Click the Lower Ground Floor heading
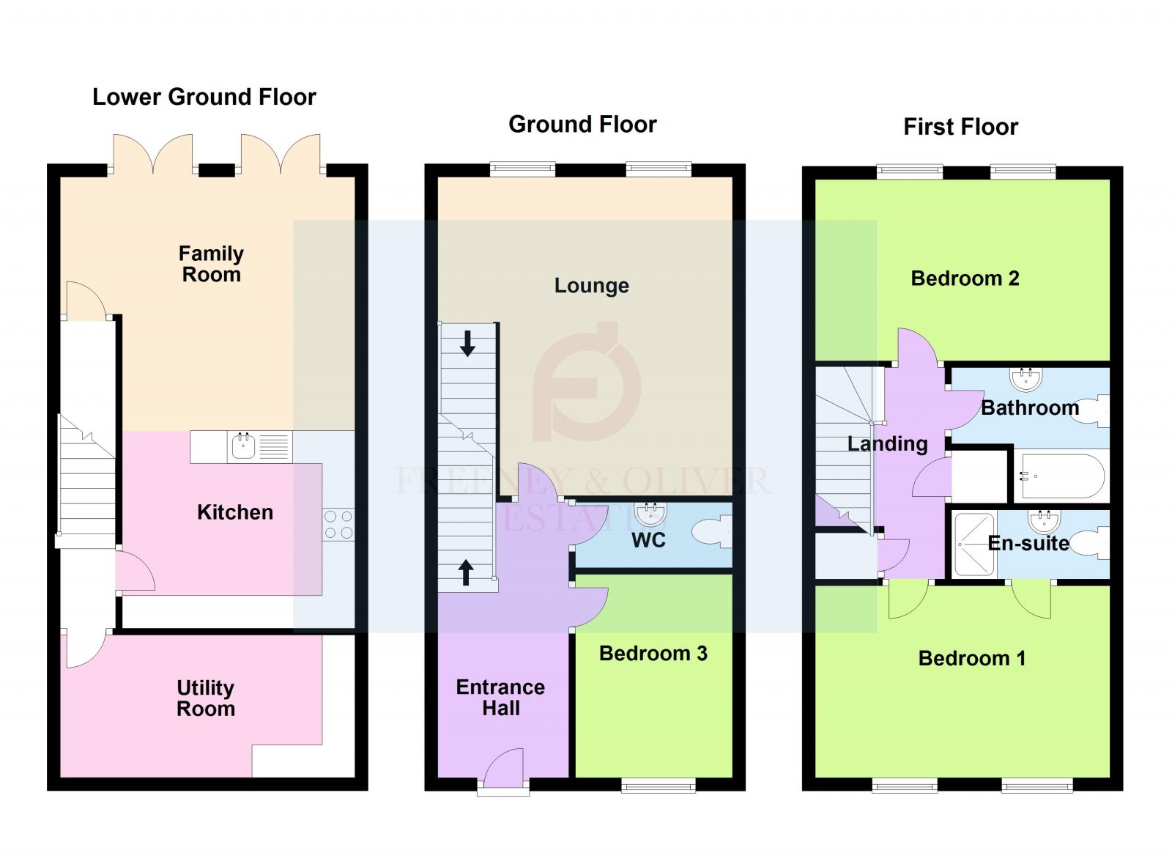point(204,97)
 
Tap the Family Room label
point(211,264)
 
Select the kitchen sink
point(243,446)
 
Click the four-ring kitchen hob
point(338,524)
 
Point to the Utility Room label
point(206,698)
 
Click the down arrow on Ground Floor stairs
point(467,343)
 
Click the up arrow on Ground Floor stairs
point(466,572)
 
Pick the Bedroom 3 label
point(653,653)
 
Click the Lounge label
point(591,285)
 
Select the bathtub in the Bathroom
point(1062,476)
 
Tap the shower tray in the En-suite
point(974,544)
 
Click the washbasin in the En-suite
point(1044,521)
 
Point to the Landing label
point(887,443)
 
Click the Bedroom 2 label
point(965,278)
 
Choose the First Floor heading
point(960,127)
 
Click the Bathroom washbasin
point(1025,378)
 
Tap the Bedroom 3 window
point(658,786)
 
